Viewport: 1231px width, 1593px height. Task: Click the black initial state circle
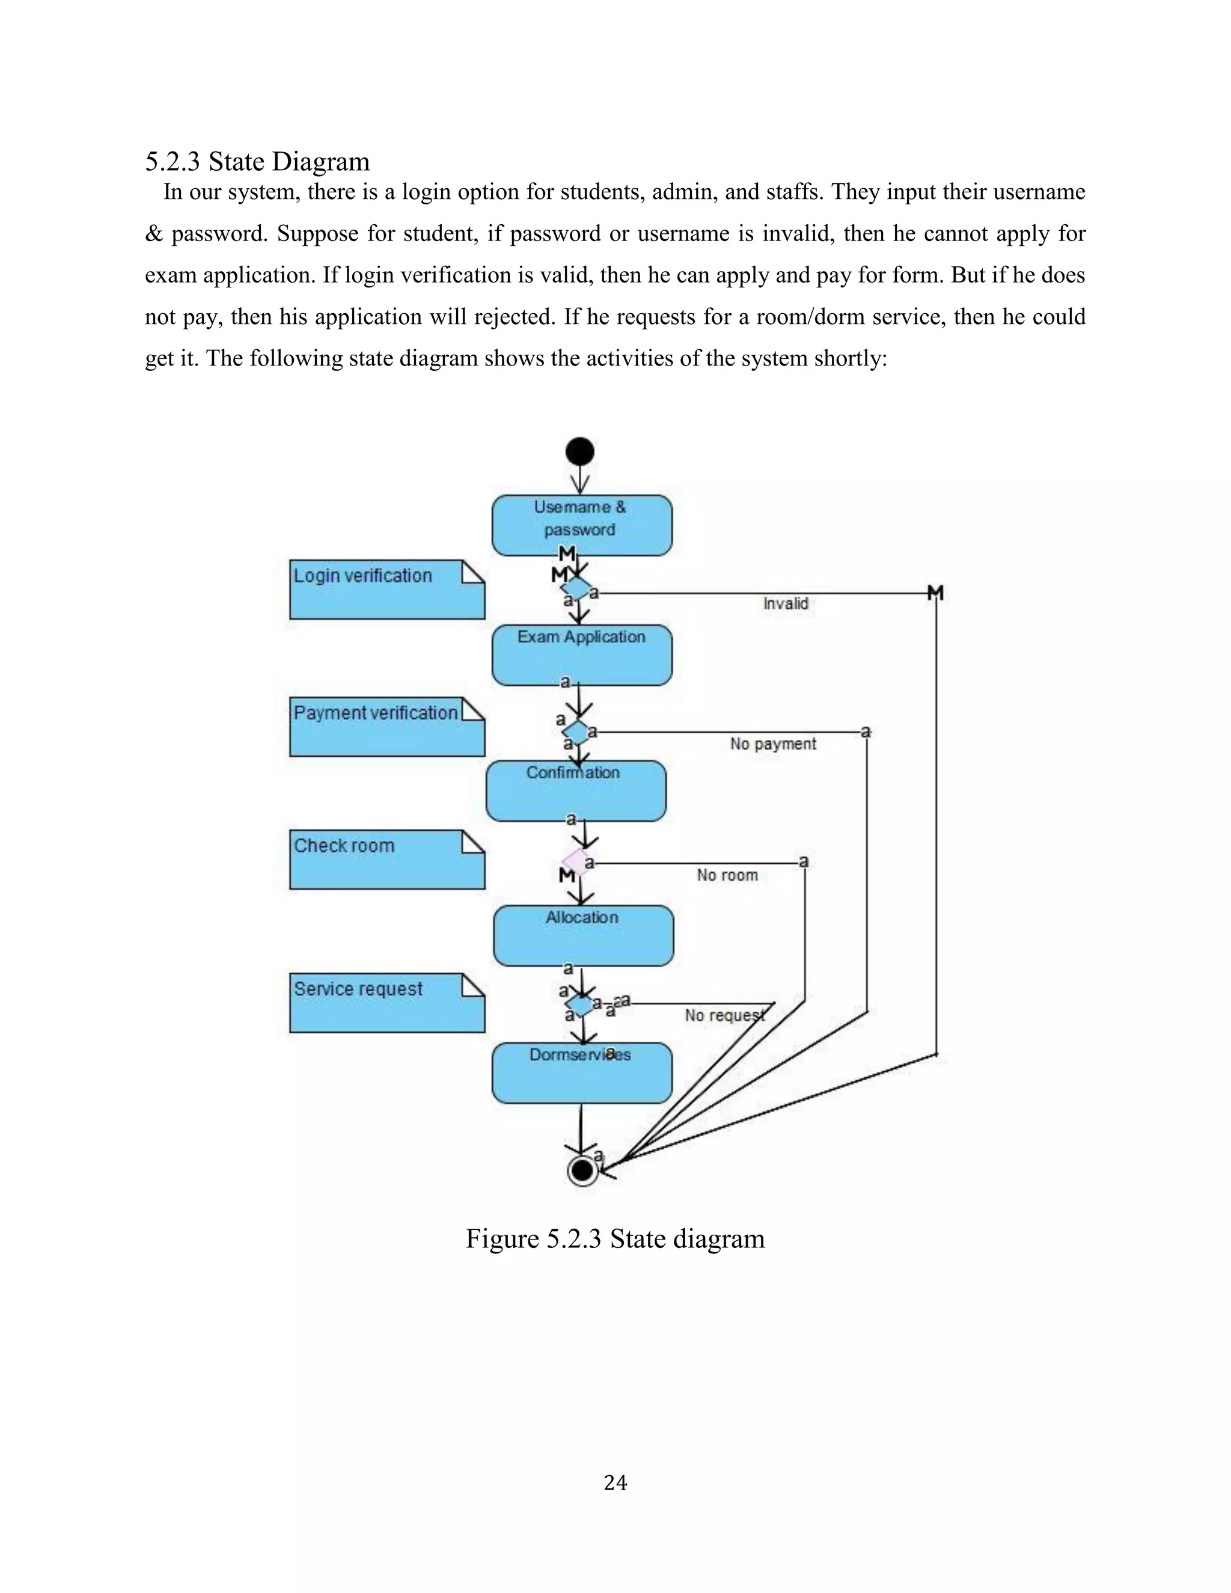click(x=580, y=451)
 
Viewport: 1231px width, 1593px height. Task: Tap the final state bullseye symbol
click(x=582, y=1170)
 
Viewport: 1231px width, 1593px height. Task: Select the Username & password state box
click(x=581, y=525)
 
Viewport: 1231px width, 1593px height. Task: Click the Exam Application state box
click(x=581, y=655)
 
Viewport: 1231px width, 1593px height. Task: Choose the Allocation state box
click(x=582, y=936)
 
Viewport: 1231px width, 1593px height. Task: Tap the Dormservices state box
click(x=581, y=1073)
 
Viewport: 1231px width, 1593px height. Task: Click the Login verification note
click(x=386, y=589)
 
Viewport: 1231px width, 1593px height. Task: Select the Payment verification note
click(x=386, y=727)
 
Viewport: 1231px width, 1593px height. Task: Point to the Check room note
click(x=386, y=859)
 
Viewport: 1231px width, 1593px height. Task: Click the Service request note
click(x=386, y=1002)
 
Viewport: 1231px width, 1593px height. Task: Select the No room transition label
click(x=727, y=875)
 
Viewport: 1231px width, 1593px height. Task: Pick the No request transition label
click(x=724, y=1015)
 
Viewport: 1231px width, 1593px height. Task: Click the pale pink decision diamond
click(x=576, y=861)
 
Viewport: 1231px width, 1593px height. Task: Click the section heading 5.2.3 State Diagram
click(x=257, y=161)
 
